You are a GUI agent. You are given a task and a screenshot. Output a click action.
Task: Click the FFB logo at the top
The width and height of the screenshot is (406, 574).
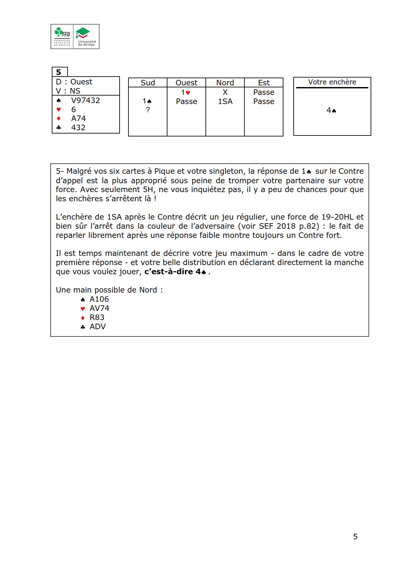pos(62,36)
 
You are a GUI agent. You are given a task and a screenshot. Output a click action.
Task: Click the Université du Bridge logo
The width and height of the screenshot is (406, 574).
pos(87,36)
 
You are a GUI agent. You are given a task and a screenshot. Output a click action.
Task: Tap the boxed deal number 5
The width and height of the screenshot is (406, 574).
pos(59,72)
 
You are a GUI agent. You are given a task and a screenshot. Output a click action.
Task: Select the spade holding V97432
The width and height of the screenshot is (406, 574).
pos(85,100)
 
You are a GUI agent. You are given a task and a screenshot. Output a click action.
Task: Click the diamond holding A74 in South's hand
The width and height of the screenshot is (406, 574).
pos(78,118)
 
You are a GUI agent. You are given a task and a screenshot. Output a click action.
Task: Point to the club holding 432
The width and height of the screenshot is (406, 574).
pos(78,128)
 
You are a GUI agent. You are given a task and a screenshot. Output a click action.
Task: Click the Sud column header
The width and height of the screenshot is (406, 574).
pos(148,83)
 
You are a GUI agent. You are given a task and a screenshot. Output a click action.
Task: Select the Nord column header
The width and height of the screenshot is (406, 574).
pos(225,83)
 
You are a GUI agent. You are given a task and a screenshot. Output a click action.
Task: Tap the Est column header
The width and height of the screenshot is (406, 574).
pos(264,83)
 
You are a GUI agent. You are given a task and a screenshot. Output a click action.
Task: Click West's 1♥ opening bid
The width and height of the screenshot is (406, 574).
pos(186,93)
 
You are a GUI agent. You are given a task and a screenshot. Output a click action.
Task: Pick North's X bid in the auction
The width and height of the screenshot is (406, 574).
pos(225,92)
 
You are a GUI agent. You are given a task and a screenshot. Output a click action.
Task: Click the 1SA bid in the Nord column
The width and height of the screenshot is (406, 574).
pos(225,101)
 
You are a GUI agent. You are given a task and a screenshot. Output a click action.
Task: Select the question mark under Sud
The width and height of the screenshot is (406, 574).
pos(148,110)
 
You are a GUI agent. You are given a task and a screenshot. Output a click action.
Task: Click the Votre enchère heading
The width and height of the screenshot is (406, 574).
pos(332,82)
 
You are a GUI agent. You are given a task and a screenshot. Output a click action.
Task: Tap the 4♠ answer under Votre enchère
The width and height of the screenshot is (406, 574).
pos(331,111)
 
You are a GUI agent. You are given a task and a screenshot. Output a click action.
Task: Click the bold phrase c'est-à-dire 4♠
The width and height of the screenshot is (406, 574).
pos(175,272)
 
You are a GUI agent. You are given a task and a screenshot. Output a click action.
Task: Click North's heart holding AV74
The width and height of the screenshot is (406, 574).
pos(99,308)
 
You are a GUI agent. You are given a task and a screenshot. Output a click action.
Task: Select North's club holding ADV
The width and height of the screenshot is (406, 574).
pos(98,327)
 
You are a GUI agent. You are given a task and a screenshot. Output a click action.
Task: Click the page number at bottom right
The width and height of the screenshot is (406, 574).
pos(355,536)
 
